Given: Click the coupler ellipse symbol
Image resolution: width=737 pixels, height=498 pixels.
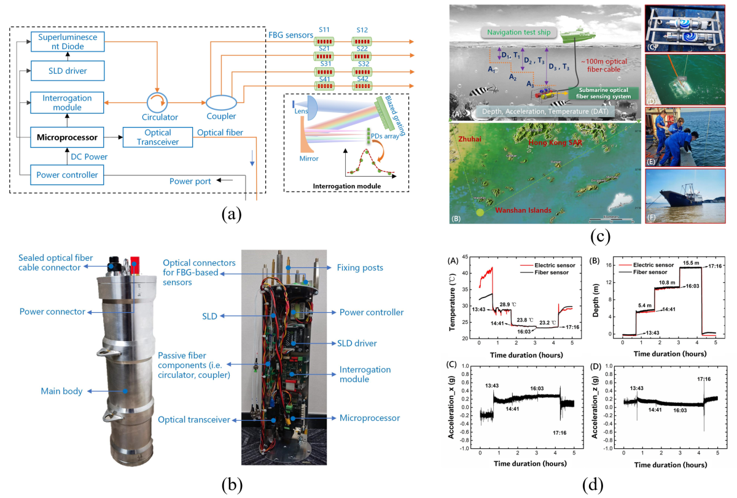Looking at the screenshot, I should (217, 101).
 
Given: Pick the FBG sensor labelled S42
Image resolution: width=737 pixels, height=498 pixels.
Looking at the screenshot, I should (363, 86).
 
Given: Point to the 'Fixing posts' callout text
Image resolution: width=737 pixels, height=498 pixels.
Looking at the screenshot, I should (359, 267).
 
